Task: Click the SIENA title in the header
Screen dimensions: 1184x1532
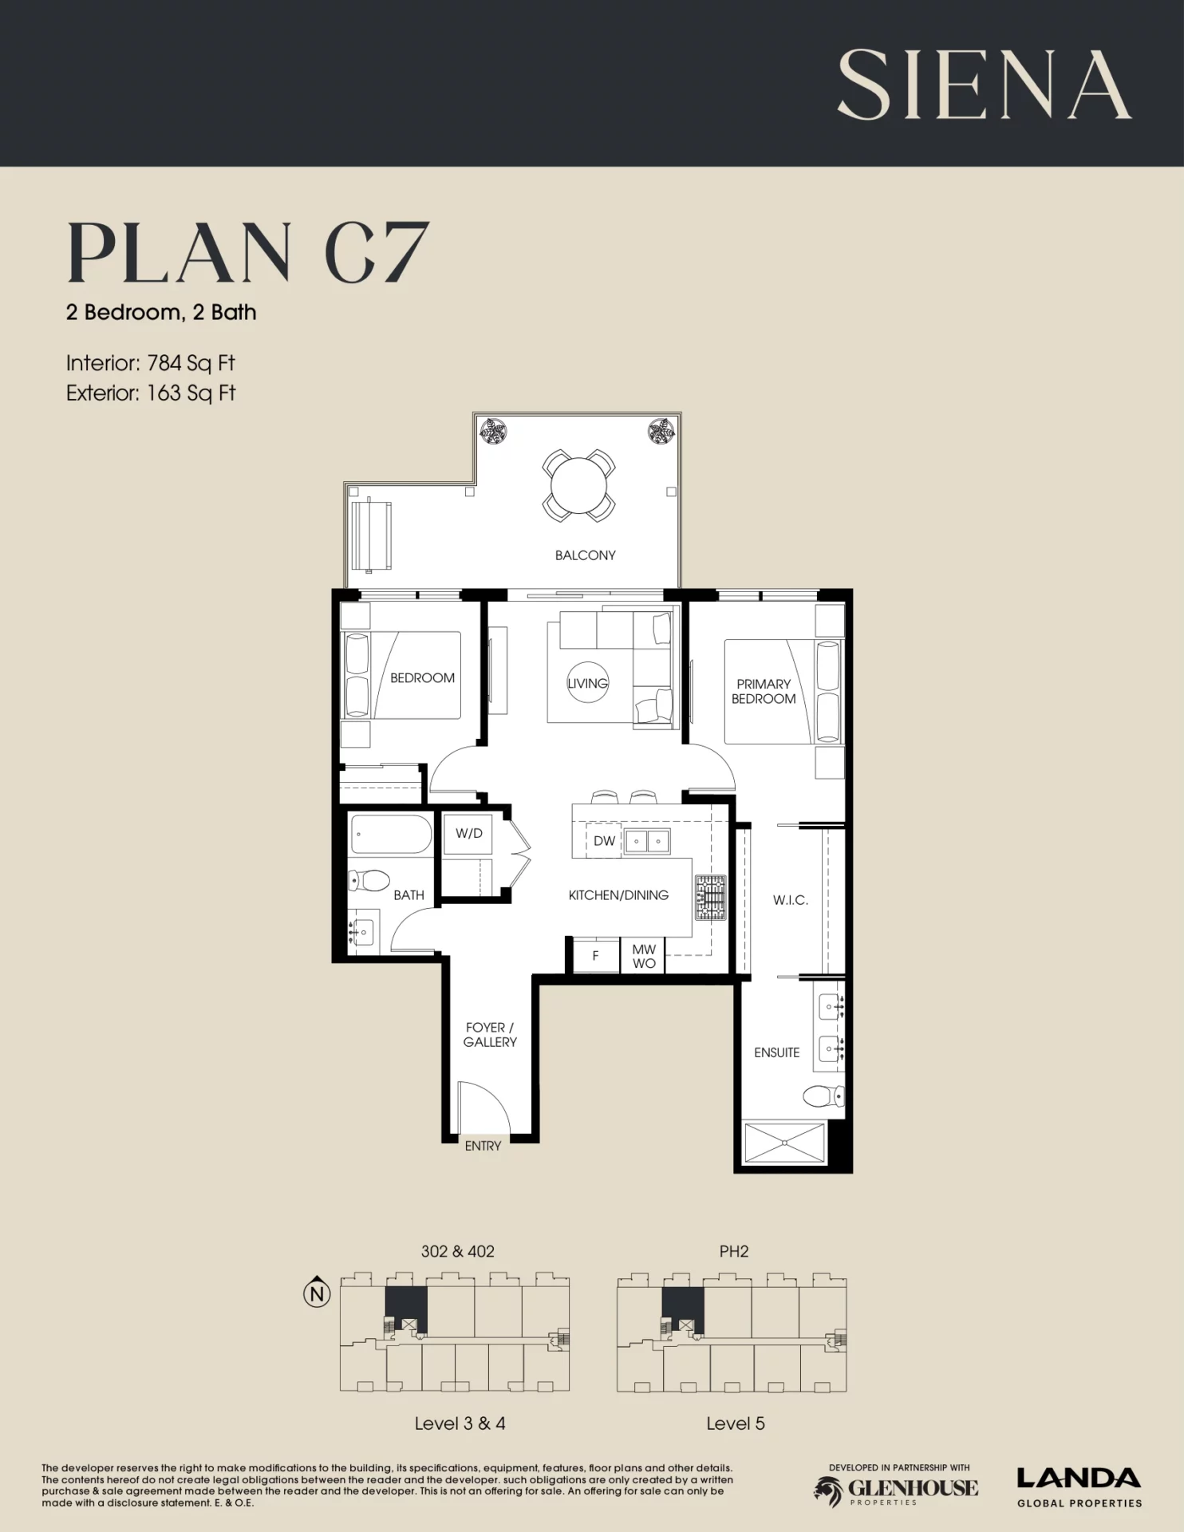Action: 984,85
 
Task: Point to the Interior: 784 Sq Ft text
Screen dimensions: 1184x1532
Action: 151,363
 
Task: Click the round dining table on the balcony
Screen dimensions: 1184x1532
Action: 578,486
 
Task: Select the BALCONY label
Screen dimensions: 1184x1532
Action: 586,555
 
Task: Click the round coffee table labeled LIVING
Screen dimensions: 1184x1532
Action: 588,682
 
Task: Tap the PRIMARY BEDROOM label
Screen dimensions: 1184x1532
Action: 764,691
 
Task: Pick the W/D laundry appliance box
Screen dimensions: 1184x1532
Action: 468,834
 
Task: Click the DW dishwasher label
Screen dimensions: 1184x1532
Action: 605,841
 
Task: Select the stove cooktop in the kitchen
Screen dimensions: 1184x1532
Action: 710,898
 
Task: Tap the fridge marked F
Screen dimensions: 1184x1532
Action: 596,955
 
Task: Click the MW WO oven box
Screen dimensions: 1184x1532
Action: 643,956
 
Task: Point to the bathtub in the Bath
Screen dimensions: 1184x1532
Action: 391,835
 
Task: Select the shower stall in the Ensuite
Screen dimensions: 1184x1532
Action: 785,1143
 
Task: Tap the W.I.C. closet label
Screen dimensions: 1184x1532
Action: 790,900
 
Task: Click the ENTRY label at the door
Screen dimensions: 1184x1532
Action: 483,1146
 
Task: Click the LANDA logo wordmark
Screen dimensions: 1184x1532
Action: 1079,1479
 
